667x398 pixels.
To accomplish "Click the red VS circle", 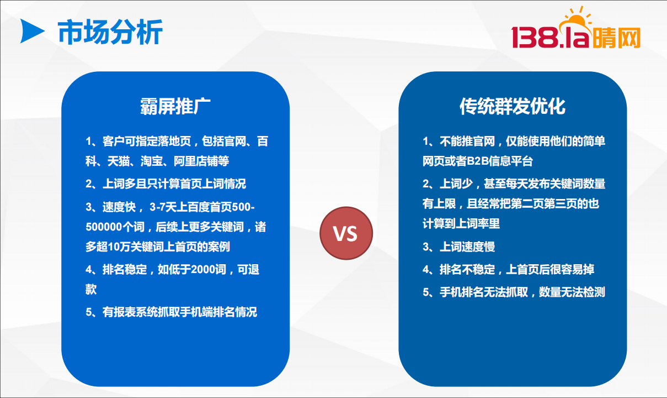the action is [x=346, y=233].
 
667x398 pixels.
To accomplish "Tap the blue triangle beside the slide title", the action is [x=32, y=31].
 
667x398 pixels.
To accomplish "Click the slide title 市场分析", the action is [x=110, y=32].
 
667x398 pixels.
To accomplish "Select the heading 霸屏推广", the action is [x=175, y=106].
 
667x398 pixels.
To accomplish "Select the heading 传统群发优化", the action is [x=513, y=106].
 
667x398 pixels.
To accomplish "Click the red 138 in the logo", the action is [x=535, y=37].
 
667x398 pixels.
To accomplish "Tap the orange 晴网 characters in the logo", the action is [x=616, y=38].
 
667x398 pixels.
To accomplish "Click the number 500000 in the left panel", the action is [x=104, y=227].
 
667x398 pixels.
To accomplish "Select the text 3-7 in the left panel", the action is [x=158, y=207].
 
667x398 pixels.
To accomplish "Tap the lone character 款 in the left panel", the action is [x=91, y=290].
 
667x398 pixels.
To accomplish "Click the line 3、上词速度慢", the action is [x=458, y=247].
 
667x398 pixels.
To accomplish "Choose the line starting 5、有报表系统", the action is [x=171, y=312].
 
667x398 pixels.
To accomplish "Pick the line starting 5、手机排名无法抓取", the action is [x=514, y=292].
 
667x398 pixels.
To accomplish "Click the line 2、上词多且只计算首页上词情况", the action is [x=166, y=184].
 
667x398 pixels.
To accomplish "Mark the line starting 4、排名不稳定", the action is [x=508, y=269].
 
